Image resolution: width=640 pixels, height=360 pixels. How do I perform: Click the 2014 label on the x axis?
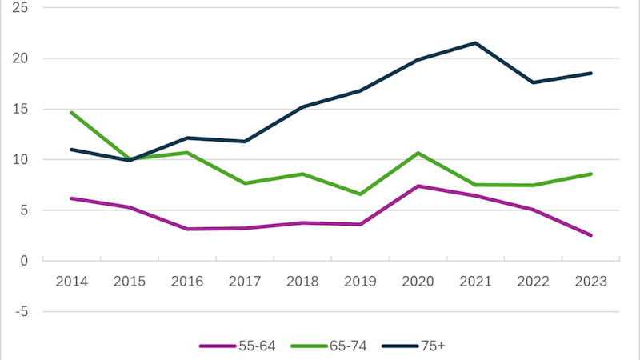pyautogui.click(x=72, y=282)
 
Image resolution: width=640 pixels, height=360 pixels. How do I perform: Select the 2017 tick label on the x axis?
pyautogui.click(x=245, y=282)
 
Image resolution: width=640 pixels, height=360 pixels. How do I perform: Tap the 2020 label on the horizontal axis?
pyautogui.click(x=418, y=282)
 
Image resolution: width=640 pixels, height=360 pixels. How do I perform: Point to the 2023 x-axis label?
pyautogui.click(x=590, y=282)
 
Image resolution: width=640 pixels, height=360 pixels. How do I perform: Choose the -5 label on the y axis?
pyautogui.click(x=22, y=311)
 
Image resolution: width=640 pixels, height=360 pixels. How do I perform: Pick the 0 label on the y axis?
pyautogui.click(x=24, y=261)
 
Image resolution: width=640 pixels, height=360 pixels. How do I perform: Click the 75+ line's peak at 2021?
pyautogui.click(x=475, y=43)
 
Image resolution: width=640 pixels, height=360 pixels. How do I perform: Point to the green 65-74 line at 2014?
pyautogui.click(x=72, y=113)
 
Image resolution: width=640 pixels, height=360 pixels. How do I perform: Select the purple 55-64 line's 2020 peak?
pyautogui.click(x=418, y=186)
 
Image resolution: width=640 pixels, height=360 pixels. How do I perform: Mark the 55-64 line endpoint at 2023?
pyautogui.click(x=590, y=235)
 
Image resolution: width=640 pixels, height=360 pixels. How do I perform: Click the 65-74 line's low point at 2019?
pyautogui.click(x=360, y=194)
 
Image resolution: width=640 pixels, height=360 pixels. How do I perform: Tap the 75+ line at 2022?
pyautogui.click(x=533, y=82)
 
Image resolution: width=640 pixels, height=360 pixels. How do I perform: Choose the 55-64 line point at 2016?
pyautogui.click(x=187, y=229)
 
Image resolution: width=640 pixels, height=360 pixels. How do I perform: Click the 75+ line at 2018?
pyautogui.click(x=302, y=107)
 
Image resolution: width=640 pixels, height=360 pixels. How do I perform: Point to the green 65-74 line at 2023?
pyautogui.click(x=590, y=174)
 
